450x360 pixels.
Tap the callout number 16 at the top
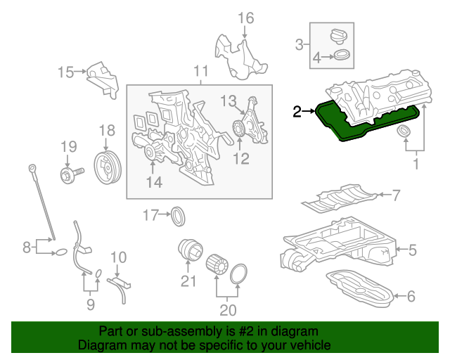click(245, 18)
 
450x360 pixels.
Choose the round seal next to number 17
click(180, 215)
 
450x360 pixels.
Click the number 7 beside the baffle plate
click(396, 194)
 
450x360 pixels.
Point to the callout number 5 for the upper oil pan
click(413, 248)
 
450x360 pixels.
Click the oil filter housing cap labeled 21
click(188, 250)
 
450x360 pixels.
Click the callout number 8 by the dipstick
click(26, 247)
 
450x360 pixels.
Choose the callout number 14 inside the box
click(154, 183)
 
